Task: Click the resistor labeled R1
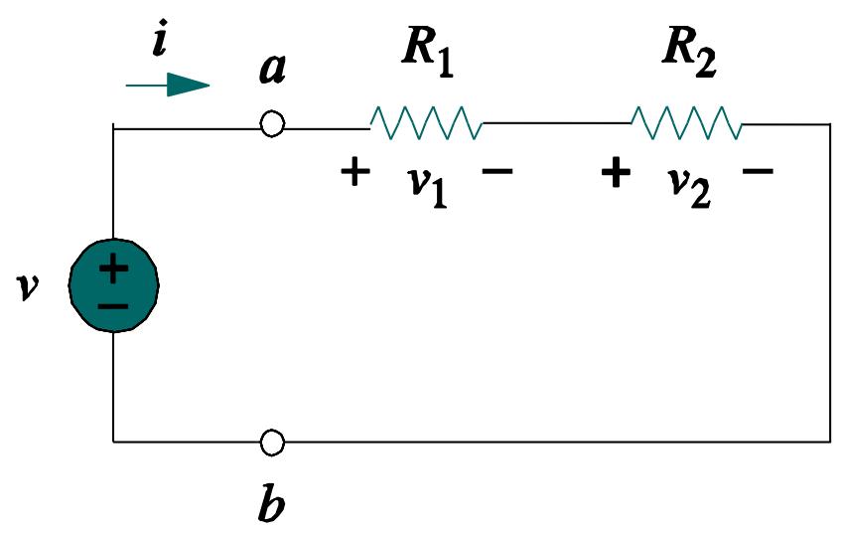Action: [427, 123]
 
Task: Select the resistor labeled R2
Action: [686, 123]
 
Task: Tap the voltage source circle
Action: [113, 284]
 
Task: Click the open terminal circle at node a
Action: [271, 124]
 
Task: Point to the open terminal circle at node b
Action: [271, 441]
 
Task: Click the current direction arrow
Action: [169, 86]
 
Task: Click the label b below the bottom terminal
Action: [270, 502]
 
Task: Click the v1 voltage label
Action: [428, 183]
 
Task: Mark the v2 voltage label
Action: [687, 183]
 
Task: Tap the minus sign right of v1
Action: [496, 172]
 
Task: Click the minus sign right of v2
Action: [758, 172]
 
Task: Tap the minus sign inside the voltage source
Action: [113, 302]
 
